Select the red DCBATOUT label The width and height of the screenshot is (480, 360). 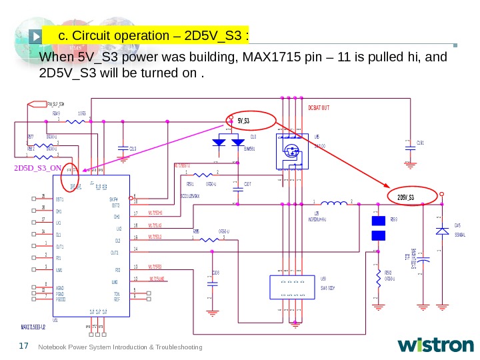pos(319,108)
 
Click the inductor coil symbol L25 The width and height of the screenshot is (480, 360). pos(333,202)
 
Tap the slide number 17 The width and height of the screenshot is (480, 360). pos(25,345)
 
